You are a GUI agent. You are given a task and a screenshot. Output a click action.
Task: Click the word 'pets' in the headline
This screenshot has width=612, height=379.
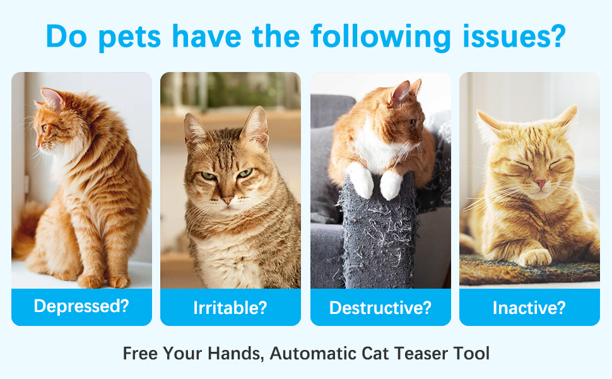click(x=129, y=37)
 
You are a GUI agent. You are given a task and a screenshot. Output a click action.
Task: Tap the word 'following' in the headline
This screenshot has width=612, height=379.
click(x=380, y=37)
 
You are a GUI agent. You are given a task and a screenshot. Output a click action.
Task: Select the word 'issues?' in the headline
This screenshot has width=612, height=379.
click(x=514, y=36)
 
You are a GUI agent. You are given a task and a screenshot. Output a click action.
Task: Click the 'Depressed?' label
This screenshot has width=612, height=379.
click(x=81, y=306)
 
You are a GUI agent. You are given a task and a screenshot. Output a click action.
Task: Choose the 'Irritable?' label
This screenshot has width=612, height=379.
click(x=230, y=308)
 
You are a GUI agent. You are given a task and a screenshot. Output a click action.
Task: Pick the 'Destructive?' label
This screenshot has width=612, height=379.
click(x=380, y=308)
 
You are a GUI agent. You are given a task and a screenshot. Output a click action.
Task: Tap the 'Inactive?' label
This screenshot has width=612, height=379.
click(x=529, y=308)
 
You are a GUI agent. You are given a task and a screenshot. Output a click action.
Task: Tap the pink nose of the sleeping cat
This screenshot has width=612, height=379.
click(x=541, y=183)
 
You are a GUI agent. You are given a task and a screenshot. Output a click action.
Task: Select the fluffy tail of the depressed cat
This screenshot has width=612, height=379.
click(x=26, y=231)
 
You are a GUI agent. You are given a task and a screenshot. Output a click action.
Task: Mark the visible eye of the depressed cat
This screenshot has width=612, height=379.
click(x=44, y=128)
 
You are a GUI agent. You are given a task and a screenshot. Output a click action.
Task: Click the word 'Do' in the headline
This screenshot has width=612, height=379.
click(x=66, y=37)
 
